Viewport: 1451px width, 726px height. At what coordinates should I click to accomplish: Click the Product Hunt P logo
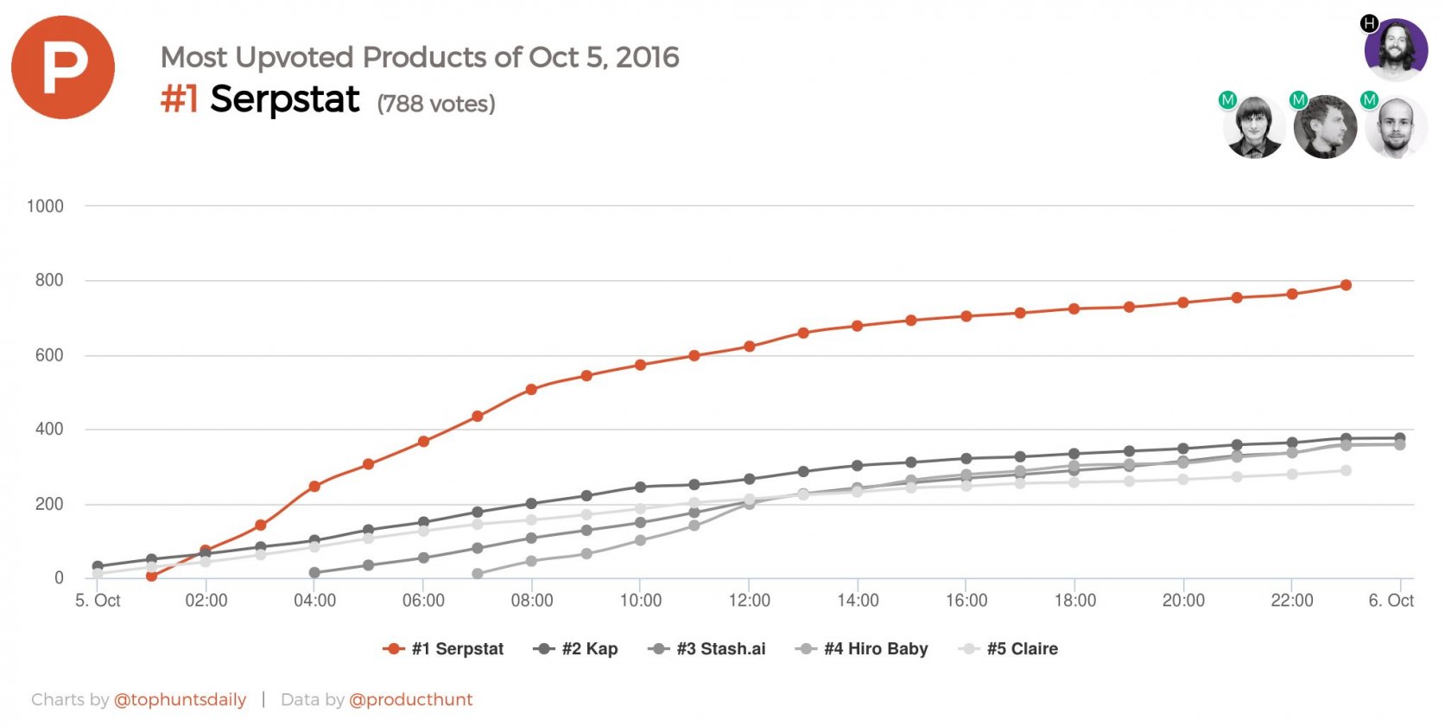tap(63, 67)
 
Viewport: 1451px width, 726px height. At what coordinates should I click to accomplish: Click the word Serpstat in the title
tap(284, 99)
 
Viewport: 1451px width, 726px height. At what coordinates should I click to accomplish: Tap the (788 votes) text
tap(436, 104)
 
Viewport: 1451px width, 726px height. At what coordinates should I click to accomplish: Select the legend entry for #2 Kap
tap(576, 649)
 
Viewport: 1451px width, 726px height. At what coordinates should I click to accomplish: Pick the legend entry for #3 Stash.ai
tap(706, 649)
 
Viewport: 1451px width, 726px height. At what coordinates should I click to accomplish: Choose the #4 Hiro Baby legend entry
tap(862, 649)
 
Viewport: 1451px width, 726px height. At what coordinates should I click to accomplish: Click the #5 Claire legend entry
tap(1009, 649)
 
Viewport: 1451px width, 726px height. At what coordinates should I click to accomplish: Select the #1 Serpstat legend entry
tap(443, 649)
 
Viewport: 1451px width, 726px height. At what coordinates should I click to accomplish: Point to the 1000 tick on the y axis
tap(45, 206)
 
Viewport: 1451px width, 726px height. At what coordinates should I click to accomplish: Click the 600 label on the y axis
tap(49, 355)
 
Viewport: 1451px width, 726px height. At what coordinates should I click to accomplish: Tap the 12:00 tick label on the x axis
tap(749, 601)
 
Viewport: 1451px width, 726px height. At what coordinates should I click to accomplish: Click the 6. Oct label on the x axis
tap(1391, 601)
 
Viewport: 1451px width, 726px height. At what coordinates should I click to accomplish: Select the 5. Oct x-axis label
tap(98, 601)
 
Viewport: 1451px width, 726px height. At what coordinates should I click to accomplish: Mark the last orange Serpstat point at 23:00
tap(1346, 285)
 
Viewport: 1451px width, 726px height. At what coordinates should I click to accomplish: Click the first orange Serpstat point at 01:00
tap(151, 576)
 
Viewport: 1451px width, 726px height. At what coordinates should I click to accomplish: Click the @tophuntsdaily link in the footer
tap(180, 700)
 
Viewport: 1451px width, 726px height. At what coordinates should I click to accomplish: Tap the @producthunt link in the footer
tap(410, 700)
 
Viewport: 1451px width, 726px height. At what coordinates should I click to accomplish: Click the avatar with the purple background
tap(1396, 49)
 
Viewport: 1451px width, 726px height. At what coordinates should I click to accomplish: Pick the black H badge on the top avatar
tap(1369, 23)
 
